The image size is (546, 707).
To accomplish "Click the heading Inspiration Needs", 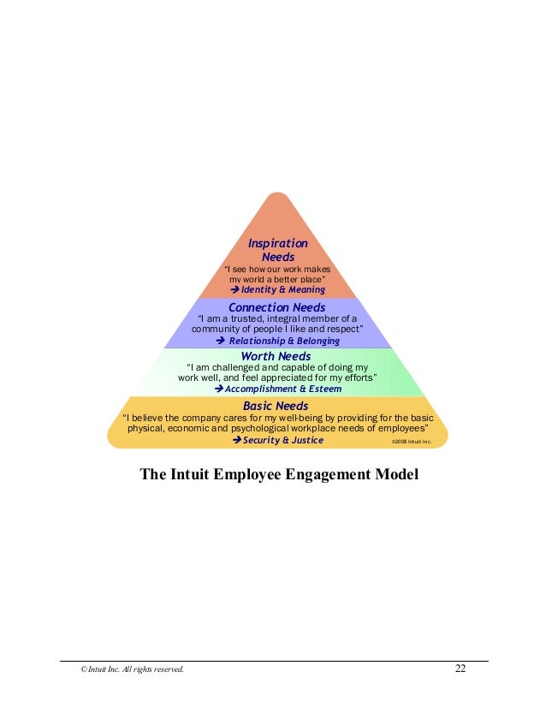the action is [x=277, y=250].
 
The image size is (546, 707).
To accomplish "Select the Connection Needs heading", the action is [x=276, y=306].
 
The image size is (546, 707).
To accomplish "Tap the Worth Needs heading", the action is [x=276, y=356].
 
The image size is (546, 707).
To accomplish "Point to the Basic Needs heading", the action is [x=276, y=405].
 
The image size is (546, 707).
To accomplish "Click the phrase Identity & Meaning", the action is [x=282, y=289].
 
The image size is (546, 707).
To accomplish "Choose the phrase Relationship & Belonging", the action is [x=284, y=340].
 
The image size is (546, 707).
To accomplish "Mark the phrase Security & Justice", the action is [x=283, y=440].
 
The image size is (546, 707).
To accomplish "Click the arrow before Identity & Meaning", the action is [x=236, y=289].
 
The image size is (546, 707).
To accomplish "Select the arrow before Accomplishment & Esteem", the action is [x=217, y=388].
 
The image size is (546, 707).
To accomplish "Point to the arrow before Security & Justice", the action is [x=237, y=440].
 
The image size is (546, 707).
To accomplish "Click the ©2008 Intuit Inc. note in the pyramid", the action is [x=412, y=442].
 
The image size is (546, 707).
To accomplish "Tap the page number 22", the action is [x=460, y=668].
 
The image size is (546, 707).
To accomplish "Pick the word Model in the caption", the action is [x=399, y=473].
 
